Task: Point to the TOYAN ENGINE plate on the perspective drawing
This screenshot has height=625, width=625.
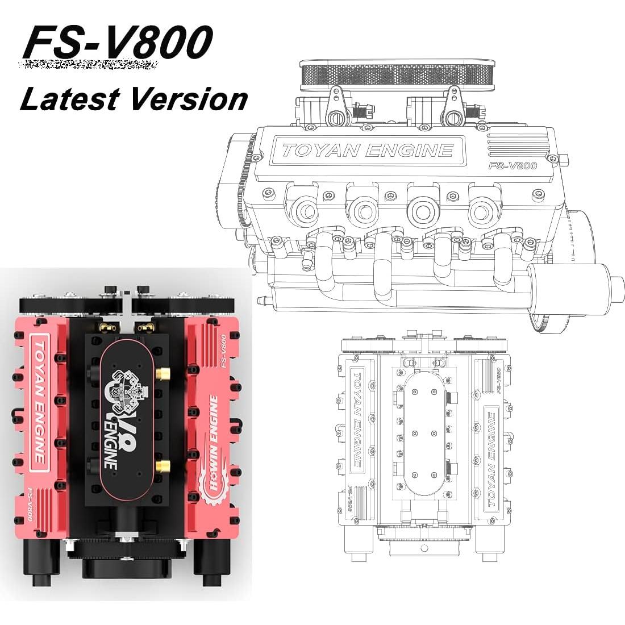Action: pyautogui.click(x=368, y=150)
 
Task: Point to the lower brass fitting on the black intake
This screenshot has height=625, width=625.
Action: pyautogui.click(x=164, y=467)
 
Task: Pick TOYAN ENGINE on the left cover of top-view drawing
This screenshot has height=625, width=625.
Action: pyautogui.click(x=357, y=417)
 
